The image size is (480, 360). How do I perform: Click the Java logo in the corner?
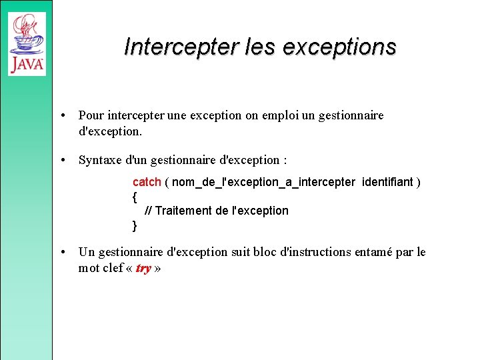coord(27,43)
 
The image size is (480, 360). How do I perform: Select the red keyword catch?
coord(147,182)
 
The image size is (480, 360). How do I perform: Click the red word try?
coord(143,269)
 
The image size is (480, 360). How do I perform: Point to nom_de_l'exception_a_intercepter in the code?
coord(263,182)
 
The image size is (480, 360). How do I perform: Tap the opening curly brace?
coord(135,197)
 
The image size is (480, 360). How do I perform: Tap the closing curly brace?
coord(135,225)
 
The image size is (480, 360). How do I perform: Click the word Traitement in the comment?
coord(184,211)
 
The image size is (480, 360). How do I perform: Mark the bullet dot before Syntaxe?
coord(62,160)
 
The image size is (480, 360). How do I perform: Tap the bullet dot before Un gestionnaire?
coord(62,252)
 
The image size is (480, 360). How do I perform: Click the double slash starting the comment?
coord(148,211)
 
